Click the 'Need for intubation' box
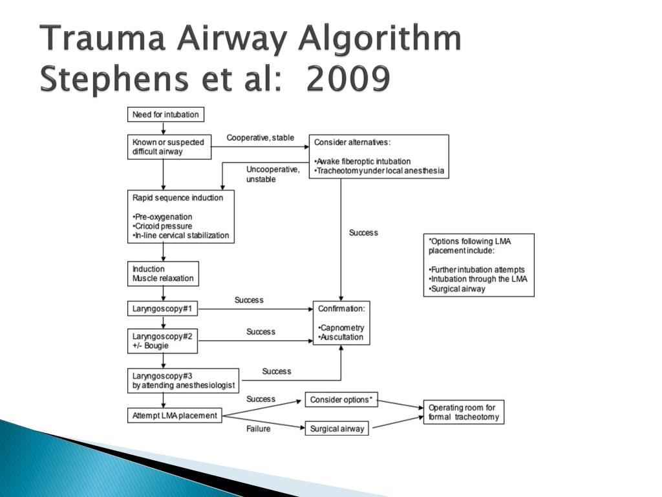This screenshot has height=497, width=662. tap(165, 115)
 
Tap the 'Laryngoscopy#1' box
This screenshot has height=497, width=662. tap(162, 309)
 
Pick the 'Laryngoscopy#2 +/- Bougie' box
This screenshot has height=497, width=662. tap(162, 341)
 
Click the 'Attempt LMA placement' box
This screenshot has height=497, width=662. tap(175, 415)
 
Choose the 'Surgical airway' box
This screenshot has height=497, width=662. tap(337, 428)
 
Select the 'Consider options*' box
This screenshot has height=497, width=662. tap(341, 400)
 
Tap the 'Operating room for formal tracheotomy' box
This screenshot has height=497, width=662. tap(464, 412)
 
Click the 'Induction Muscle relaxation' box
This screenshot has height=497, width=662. tap(162, 274)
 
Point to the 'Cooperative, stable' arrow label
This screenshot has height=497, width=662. tap(260, 138)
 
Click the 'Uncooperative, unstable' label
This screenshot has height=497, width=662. tap(272, 174)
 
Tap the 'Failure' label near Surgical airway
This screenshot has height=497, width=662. tap(258, 429)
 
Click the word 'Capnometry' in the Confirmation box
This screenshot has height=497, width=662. tap(343, 328)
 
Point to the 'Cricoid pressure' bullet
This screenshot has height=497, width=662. tap(163, 226)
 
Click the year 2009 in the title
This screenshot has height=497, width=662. tap(349, 80)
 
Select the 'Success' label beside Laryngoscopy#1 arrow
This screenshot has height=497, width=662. tap(249, 300)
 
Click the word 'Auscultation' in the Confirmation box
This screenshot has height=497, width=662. tap(343, 337)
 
